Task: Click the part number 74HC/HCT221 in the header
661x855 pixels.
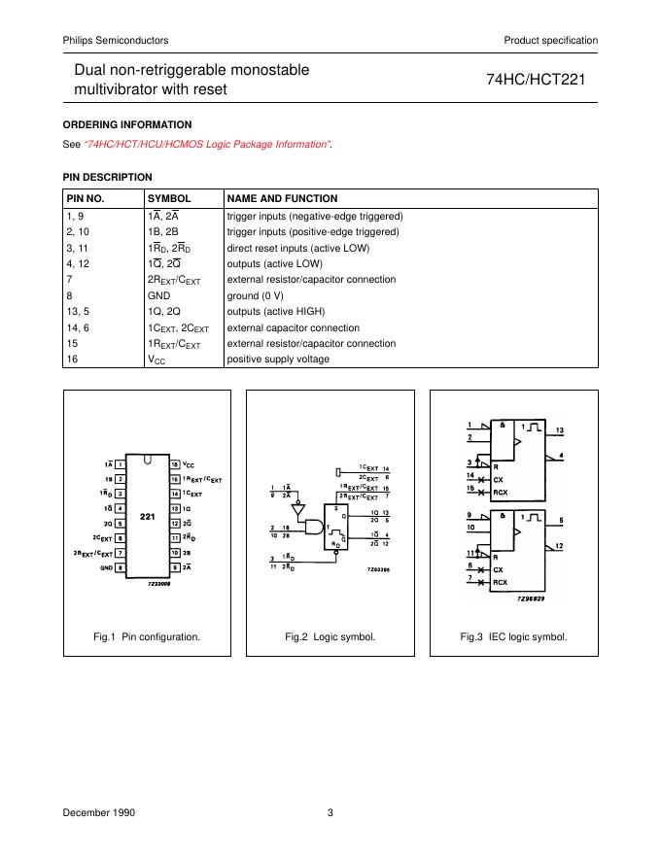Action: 541,81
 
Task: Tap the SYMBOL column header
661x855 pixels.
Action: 169,198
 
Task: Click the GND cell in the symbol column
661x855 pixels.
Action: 158,295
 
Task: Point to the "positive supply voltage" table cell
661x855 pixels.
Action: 278,359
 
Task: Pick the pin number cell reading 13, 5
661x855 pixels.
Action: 79,312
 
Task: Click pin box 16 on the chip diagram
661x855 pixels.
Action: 175,465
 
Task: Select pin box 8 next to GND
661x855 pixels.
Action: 120,566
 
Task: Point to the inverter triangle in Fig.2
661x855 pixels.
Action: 298,508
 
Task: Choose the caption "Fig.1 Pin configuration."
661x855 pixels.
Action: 147,637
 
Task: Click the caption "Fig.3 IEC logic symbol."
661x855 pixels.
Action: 513,637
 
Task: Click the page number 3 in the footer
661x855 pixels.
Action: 330,811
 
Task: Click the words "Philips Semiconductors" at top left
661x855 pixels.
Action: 116,40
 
